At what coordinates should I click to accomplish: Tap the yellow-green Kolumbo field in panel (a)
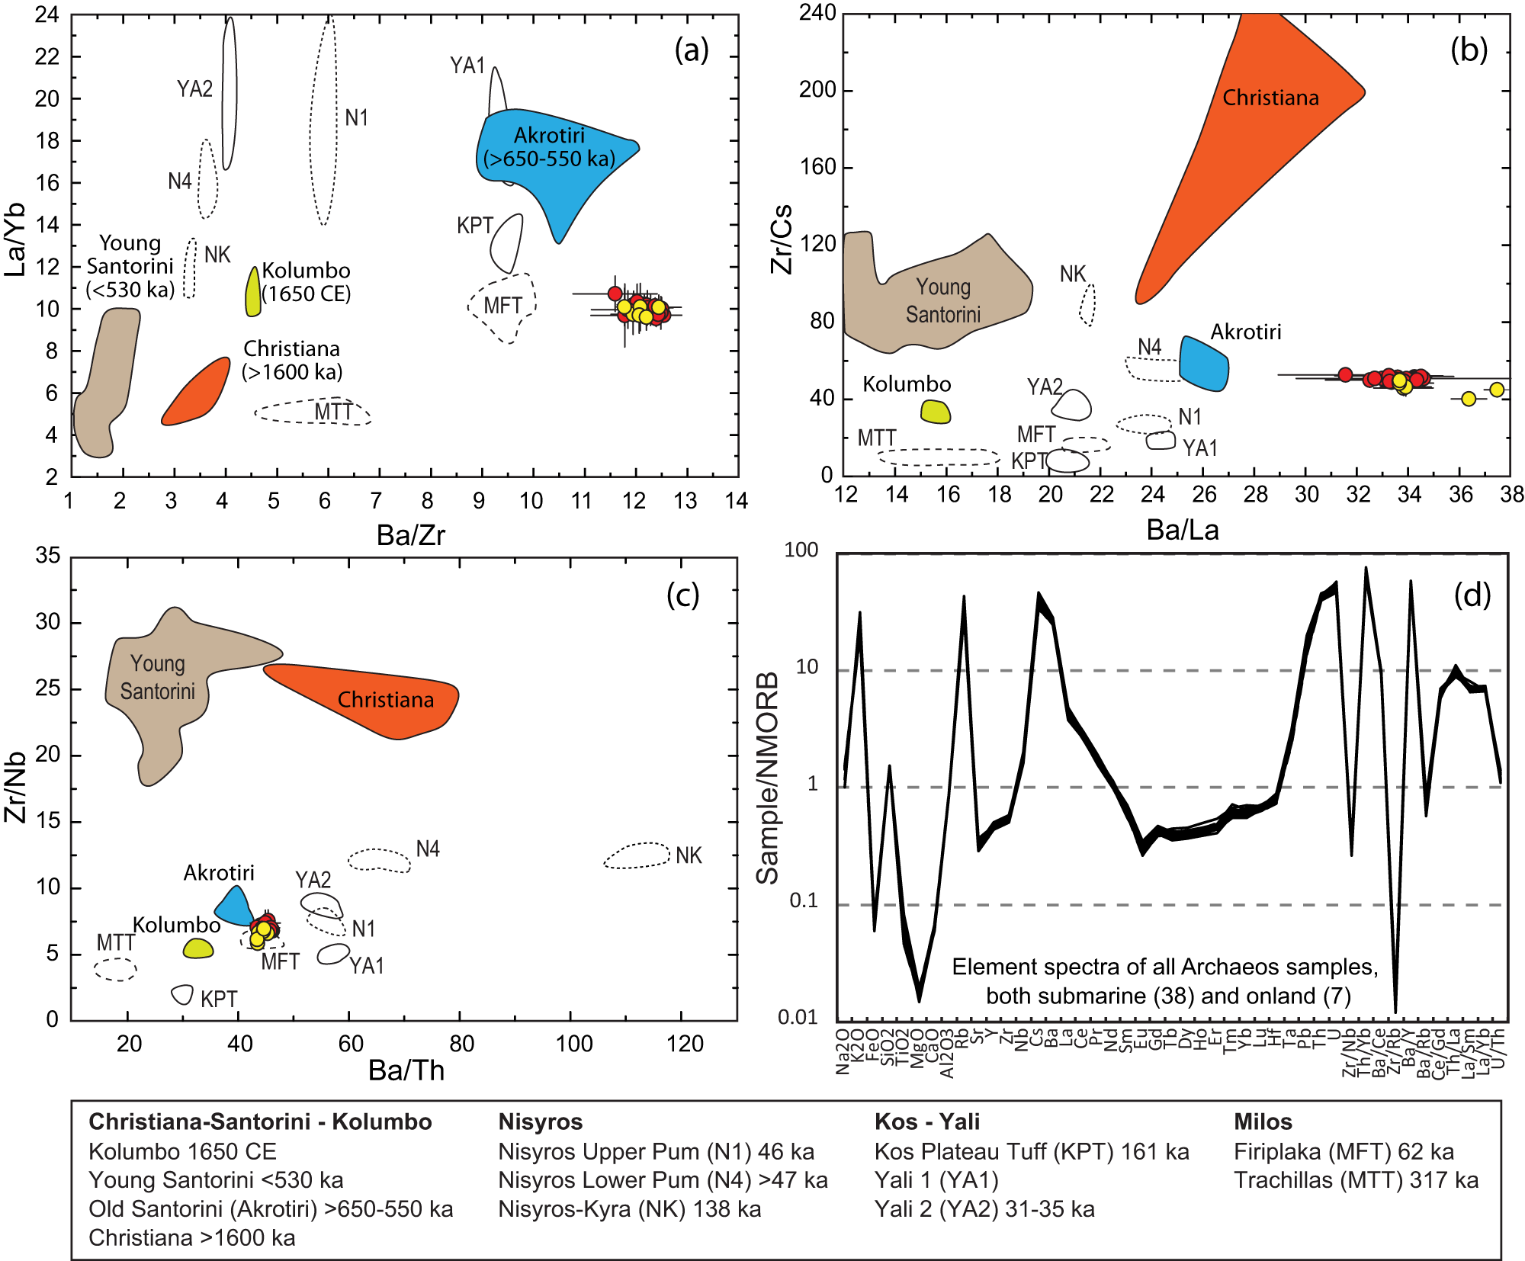(253, 294)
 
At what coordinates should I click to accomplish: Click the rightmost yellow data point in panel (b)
(1497, 390)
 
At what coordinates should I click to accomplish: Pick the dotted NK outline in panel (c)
(637, 855)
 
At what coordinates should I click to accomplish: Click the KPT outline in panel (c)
(182, 994)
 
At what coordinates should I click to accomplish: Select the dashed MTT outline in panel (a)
(313, 412)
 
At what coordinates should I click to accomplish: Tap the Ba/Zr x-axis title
(410, 535)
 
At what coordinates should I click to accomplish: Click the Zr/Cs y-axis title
(782, 239)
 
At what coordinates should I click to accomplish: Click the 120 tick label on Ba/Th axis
(684, 1044)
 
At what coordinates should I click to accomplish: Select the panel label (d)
(1472, 595)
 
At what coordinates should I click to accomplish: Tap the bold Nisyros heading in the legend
(540, 1121)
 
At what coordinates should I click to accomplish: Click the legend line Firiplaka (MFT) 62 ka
(1344, 1151)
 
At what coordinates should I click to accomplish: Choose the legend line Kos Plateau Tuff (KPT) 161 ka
(1031, 1151)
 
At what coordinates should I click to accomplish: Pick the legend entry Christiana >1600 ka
(191, 1237)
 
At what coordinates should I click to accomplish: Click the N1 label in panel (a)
(356, 117)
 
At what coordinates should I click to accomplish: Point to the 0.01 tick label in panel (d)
(798, 1017)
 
